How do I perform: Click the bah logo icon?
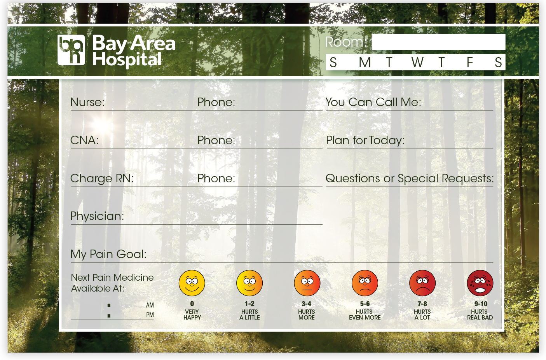(71, 50)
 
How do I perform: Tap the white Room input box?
(438, 42)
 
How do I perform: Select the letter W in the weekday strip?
(417, 63)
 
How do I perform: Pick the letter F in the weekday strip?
(469, 63)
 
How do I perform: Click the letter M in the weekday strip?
(365, 63)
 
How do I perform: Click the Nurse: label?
(87, 102)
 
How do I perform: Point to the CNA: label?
(84, 140)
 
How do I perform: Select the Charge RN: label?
(102, 178)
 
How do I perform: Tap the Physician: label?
(97, 216)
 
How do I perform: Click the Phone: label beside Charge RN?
(216, 178)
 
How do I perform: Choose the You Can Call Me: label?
(373, 102)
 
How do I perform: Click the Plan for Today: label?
(365, 140)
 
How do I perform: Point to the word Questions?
(353, 178)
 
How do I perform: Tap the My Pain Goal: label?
(108, 254)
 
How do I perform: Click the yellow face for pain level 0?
(192, 283)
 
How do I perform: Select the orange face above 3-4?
(307, 283)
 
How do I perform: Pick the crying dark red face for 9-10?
(480, 283)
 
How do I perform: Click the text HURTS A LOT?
(422, 315)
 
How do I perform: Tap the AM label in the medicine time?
(150, 305)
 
